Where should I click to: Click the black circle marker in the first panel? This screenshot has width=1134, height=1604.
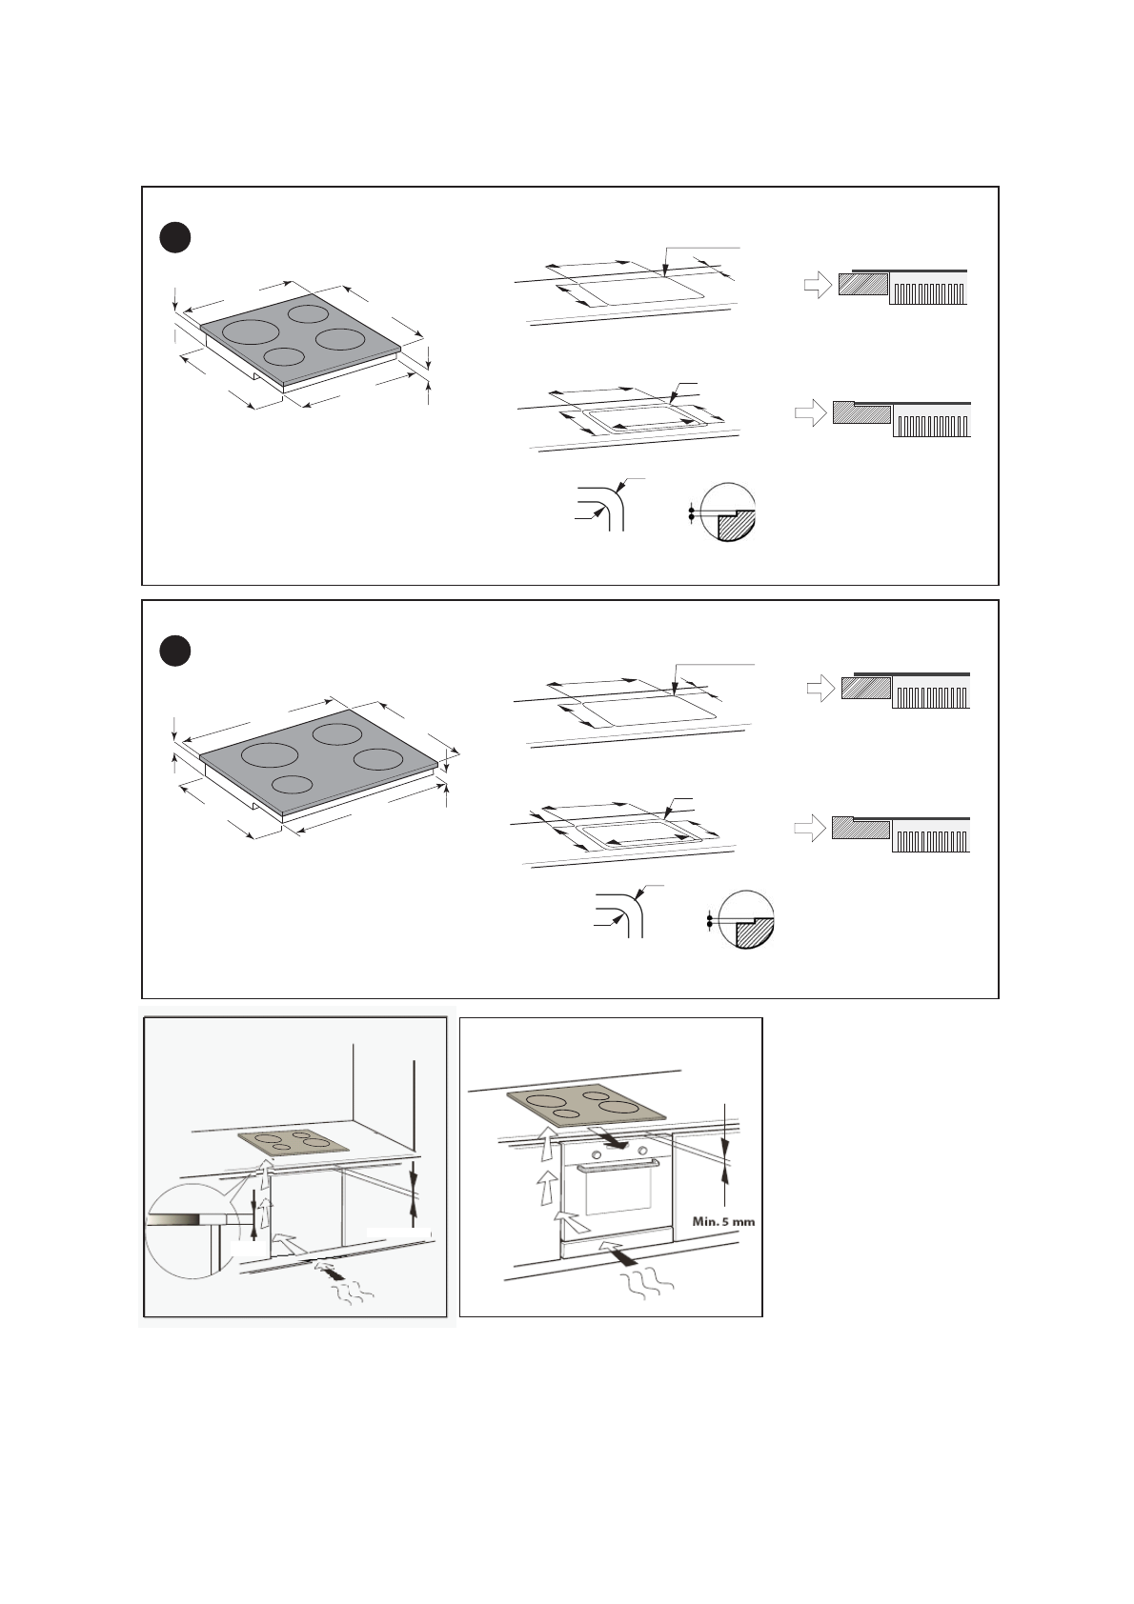[174, 238]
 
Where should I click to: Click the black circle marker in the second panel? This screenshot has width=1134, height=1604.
[174, 651]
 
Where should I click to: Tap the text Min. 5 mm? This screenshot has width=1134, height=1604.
[723, 1221]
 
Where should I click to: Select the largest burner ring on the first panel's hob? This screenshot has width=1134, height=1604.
[251, 332]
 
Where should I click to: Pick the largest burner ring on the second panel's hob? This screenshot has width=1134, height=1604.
[270, 754]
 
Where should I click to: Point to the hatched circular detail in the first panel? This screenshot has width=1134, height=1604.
[728, 512]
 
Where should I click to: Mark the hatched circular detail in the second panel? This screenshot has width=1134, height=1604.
[746, 920]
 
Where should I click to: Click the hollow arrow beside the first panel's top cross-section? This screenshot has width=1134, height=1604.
[818, 285]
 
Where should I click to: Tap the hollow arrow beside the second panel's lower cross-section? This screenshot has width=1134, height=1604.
[810, 829]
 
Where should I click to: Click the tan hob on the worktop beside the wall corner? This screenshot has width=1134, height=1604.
[293, 1141]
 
